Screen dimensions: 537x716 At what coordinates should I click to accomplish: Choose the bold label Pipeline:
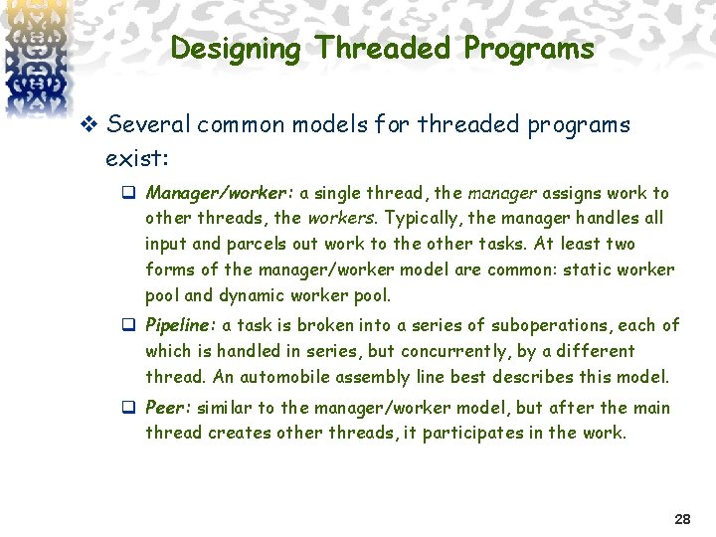[181, 325]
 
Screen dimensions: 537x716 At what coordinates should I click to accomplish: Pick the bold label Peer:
[168, 408]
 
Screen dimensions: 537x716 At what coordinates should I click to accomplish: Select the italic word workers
[341, 218]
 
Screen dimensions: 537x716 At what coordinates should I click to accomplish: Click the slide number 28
[682, 519]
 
